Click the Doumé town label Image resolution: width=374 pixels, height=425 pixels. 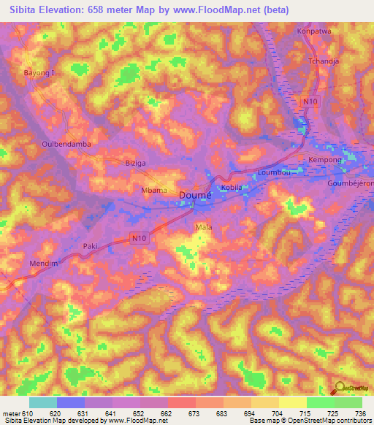[x=196, y=196]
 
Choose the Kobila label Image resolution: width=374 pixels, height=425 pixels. [x=232, y=188]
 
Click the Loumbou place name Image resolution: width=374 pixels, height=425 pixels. [x=275, y=173]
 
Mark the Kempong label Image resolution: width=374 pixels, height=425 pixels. [x=325, y=159]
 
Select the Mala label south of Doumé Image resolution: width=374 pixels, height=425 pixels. [x=204, y=228]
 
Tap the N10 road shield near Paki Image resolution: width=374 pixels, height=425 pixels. [x=140, y=237]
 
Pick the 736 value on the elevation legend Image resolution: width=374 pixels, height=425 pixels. [x=360, y=413]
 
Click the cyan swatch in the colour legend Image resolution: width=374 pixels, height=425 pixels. [x=43, y=402]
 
